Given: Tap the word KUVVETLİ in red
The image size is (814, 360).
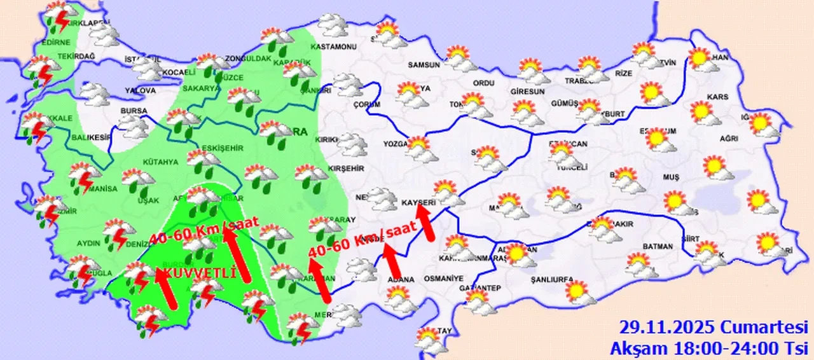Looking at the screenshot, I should pos(198,272).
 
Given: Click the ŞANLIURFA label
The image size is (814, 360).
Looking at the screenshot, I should pos(552,279).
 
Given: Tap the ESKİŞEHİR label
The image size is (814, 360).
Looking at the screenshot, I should pos(223,148).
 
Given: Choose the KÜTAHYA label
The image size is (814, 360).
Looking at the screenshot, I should pos(160,162).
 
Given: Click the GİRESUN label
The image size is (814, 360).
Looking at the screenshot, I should pos(528,92).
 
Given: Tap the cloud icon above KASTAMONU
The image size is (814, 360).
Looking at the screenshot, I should pos(331,25).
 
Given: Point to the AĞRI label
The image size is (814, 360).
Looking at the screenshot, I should pos(729,138).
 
